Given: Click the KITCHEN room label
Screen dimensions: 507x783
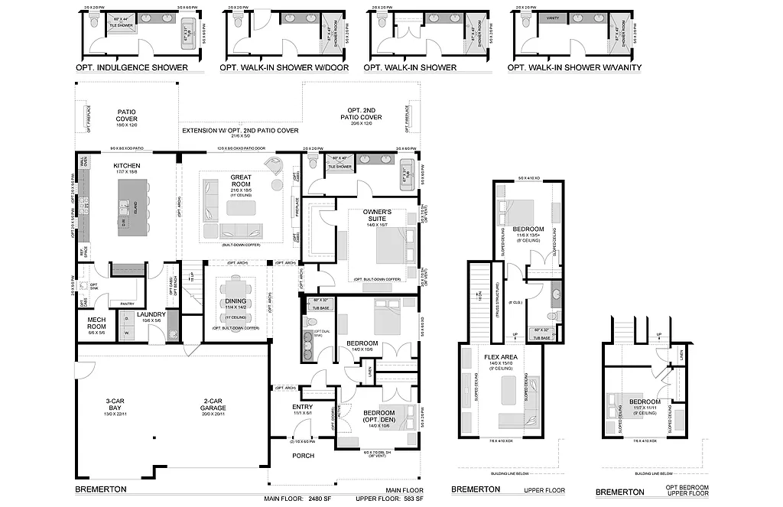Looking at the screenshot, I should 127,165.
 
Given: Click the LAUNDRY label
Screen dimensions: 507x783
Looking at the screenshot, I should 151,314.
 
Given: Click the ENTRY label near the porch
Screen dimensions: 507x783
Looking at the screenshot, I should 303,407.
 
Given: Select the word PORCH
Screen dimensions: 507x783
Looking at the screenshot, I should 304,456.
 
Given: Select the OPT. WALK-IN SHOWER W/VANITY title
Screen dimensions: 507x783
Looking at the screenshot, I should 575,67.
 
